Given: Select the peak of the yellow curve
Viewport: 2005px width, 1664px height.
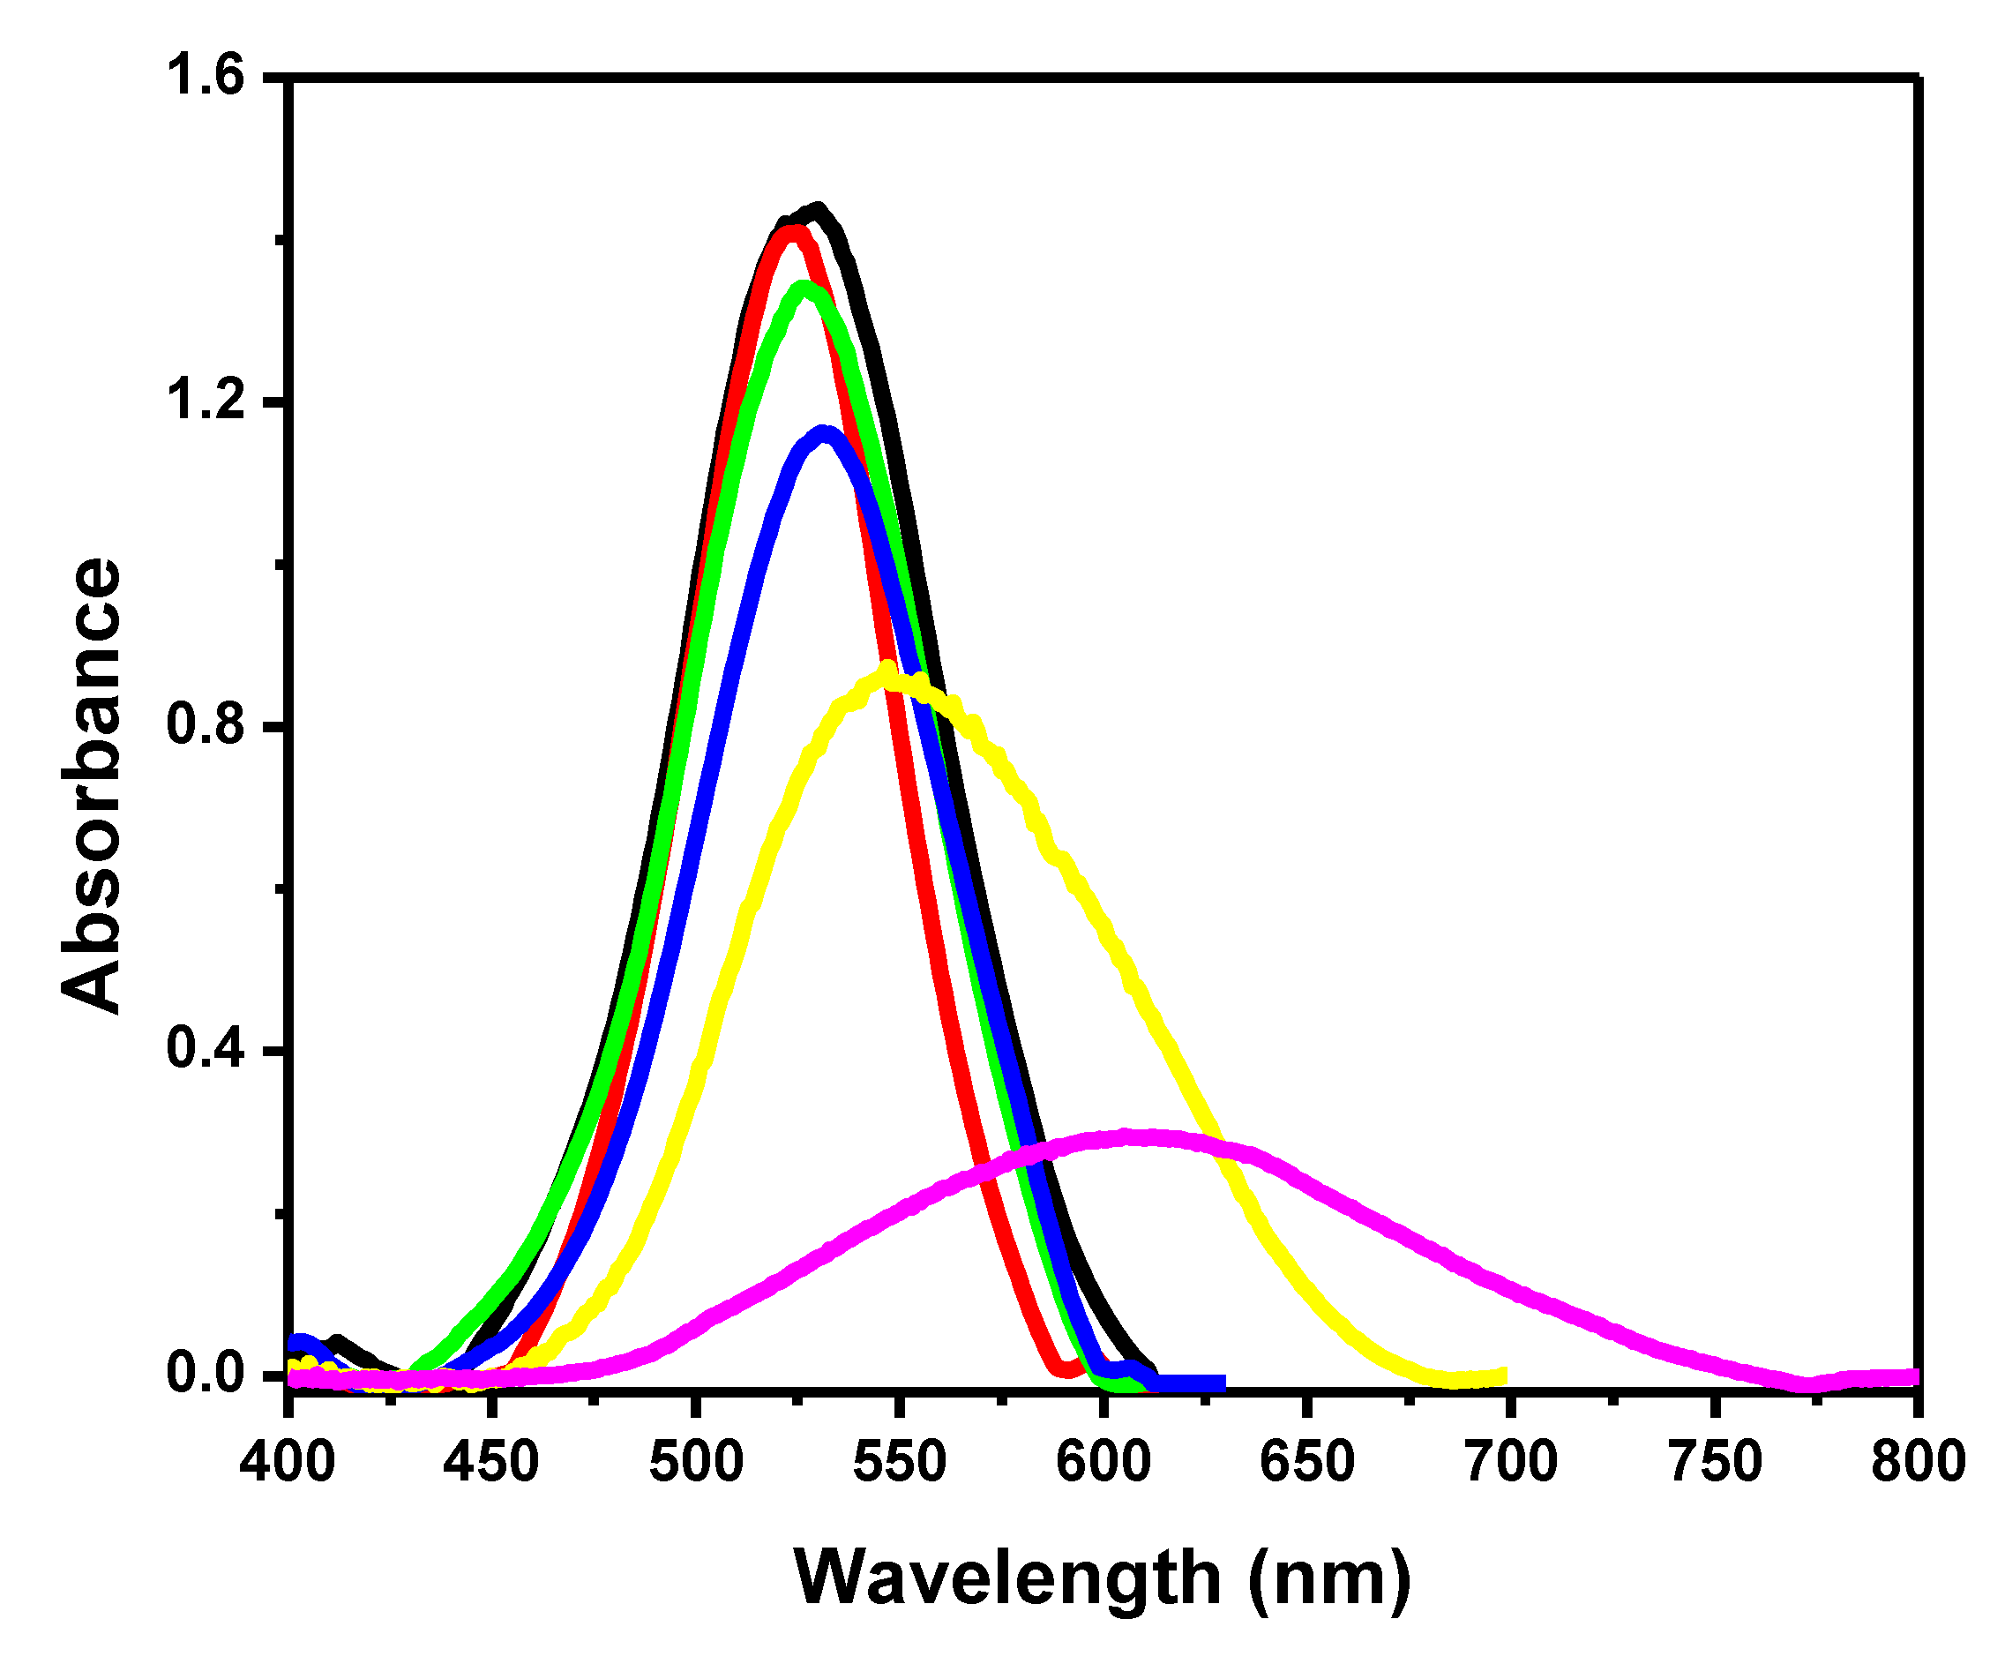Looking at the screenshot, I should point(888,670).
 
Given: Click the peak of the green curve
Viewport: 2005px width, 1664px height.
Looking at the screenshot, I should point(804,288).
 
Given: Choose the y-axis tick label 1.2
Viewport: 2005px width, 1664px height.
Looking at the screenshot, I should point(206,401).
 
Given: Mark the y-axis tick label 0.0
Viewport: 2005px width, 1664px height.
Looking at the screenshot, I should point(206,1374).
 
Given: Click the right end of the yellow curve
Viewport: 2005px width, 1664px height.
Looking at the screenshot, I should point(1505,1376).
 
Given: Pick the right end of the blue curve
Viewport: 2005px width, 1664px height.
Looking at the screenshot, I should point(1222,1383).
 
